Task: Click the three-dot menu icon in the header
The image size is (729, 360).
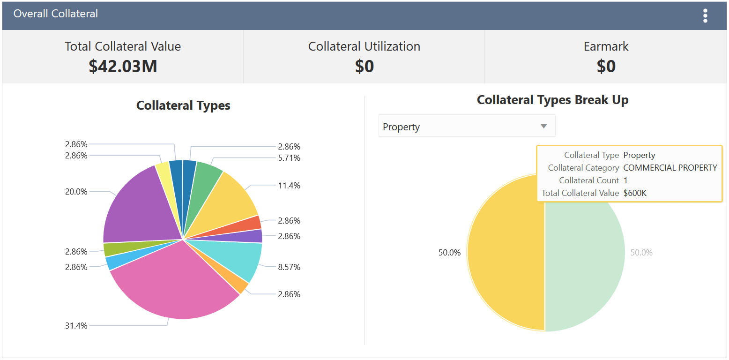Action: coord(705,16)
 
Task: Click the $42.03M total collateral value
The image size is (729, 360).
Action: coord(123,67)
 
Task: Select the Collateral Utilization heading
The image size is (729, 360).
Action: coord(364,46)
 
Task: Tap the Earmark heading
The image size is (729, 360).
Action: coord(606,46)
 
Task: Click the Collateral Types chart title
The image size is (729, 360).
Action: coord(183,105)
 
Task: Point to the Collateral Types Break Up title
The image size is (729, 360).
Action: coord(552,100)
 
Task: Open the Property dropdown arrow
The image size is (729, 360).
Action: coord(543,126)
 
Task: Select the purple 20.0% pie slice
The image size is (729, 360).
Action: coord(136,206)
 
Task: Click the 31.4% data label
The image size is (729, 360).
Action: coord(76,326)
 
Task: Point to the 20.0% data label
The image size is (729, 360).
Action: coord(76,192)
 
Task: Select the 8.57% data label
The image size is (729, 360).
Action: coord(289,267)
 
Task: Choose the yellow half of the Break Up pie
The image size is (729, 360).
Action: coord(506,253)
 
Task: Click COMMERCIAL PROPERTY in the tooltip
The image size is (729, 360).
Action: coord(670,168)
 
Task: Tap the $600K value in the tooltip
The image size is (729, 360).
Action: coord(635,193)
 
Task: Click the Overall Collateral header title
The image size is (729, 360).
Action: coord(56,14)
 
